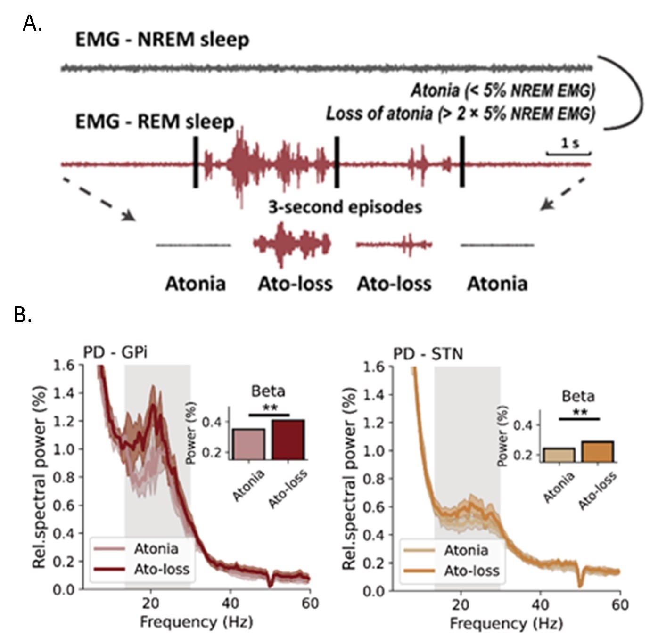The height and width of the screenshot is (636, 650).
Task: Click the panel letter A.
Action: [x=32, y=23]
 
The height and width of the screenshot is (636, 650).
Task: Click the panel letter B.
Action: [x=23, y=315]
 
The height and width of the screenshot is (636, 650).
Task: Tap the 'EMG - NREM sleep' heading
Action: [x=162, y=40]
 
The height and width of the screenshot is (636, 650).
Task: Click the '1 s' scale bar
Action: [x=568, y=153]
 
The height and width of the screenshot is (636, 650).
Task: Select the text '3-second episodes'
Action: [x=345, y=207]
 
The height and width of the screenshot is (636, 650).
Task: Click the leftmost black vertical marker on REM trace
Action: [x=195, y=162]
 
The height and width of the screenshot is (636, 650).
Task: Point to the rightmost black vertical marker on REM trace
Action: [x=462, y=162]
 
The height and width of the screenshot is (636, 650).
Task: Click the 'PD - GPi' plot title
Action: [x=115, y=352]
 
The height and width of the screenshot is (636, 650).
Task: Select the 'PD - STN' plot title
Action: [x=428, y=353]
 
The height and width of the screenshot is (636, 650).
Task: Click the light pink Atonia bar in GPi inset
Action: [x=248, y=444]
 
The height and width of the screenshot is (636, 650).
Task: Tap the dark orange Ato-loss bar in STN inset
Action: [x=597, y=451]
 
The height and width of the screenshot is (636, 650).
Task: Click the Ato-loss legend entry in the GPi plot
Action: [x=141, y=569]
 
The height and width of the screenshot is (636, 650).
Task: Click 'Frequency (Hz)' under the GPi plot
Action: [x=196, y=622]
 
